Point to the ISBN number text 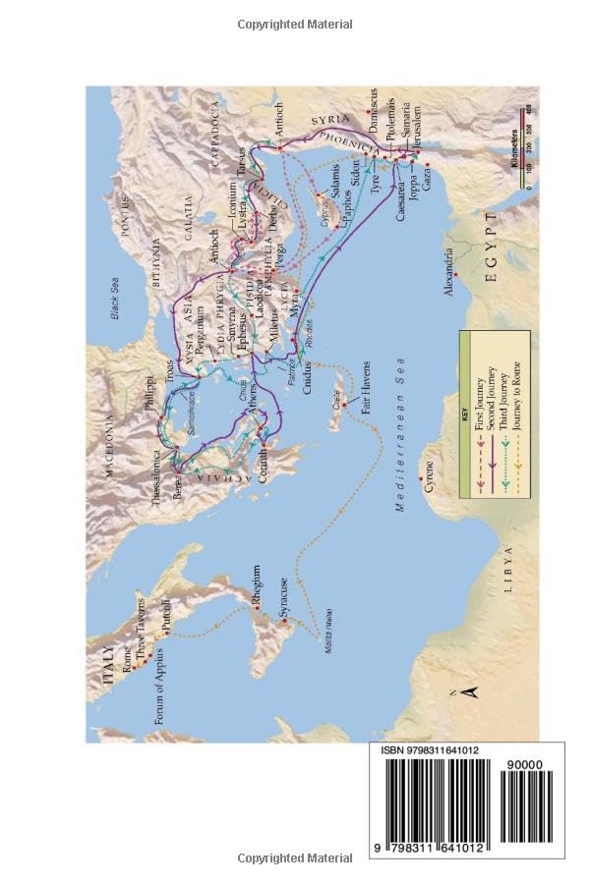point(430,751)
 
